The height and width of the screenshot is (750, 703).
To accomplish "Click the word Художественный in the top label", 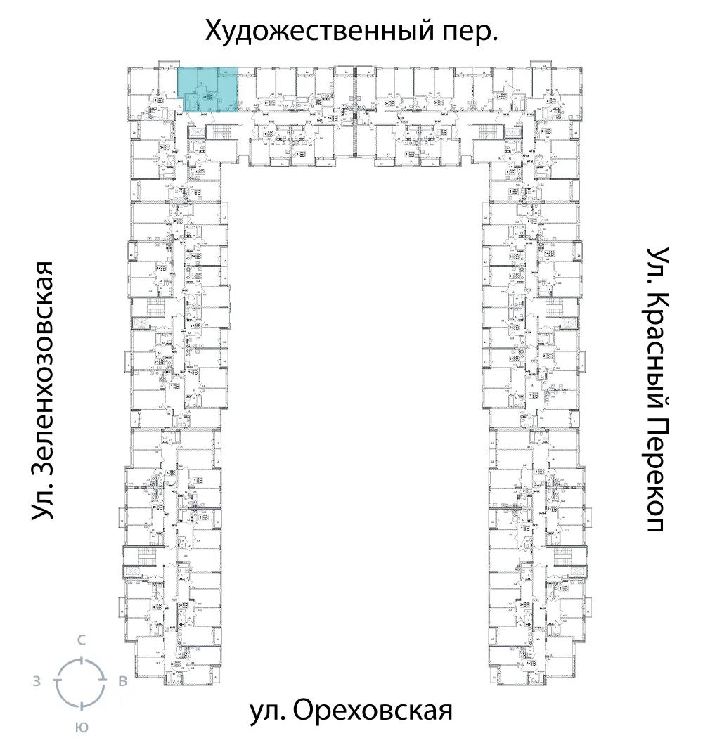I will [x=303, y=31].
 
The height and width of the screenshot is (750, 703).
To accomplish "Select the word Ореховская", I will [x=370, y=711].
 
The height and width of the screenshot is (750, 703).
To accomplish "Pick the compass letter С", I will [x=82, y=640].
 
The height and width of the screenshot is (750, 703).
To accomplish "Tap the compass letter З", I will [x=36, y=680].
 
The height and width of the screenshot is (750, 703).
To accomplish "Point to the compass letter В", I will [x=122, y=680].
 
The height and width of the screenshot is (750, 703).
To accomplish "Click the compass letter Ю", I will [x=82, y=728].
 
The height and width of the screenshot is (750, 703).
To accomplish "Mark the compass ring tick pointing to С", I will [x=82, y=659].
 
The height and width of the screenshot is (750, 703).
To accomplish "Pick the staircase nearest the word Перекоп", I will [x=567, y=556].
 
